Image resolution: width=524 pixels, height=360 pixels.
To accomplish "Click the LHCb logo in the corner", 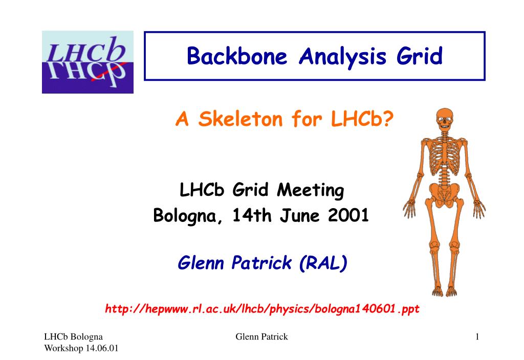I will coord(88,62).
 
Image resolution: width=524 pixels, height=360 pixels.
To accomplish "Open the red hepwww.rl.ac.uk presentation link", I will coord(262,309).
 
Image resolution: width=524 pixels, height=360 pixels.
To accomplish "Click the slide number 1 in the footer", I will coord(477,336).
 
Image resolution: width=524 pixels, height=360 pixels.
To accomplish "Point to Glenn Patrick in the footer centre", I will coord(261,336).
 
